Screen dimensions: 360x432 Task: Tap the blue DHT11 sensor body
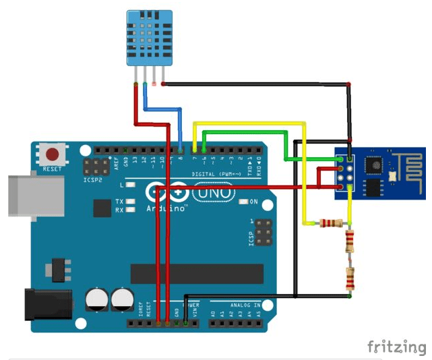pyautogui.click(x=148, y=38)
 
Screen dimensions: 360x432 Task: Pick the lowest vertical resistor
pyautogui.click(x=350, y=277)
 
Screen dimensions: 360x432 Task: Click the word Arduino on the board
pyautogui.click(x=166, y=208)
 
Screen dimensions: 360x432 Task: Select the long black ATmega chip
pyautogui.click(x=196, y=273)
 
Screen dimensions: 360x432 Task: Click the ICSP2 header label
pyautogui.click(x=92, y=181)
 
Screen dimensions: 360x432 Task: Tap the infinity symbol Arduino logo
pyautogui.click(x=166, y=193)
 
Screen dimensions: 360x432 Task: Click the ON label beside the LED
pyautogui.click(x=253, y=202)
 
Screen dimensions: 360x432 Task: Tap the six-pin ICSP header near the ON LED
pyautogui.click(x=264, y=232)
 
